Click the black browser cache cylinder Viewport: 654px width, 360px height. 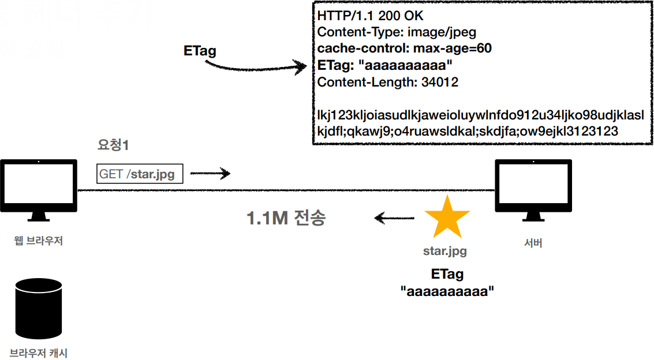coord(39,308)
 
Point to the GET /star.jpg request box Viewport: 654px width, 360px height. coord(140,173)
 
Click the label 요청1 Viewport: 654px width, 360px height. coord(113,145)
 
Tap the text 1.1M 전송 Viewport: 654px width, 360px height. coord(286,218)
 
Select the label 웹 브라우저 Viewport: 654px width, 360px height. coord(38,241)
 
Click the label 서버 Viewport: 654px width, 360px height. coord(532,243)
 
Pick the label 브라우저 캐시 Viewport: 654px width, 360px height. coord(39,352)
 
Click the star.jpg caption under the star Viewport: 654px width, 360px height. coord(445,251)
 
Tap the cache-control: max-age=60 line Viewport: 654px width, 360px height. coord(404,48)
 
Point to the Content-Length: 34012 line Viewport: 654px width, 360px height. coord(387,82)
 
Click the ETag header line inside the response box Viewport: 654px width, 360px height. coord(384,65)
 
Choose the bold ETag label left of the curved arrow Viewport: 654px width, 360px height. coord(200,51)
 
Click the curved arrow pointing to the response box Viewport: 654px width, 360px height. coord(257,66)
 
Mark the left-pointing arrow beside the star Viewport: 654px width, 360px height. coord(394,218)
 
